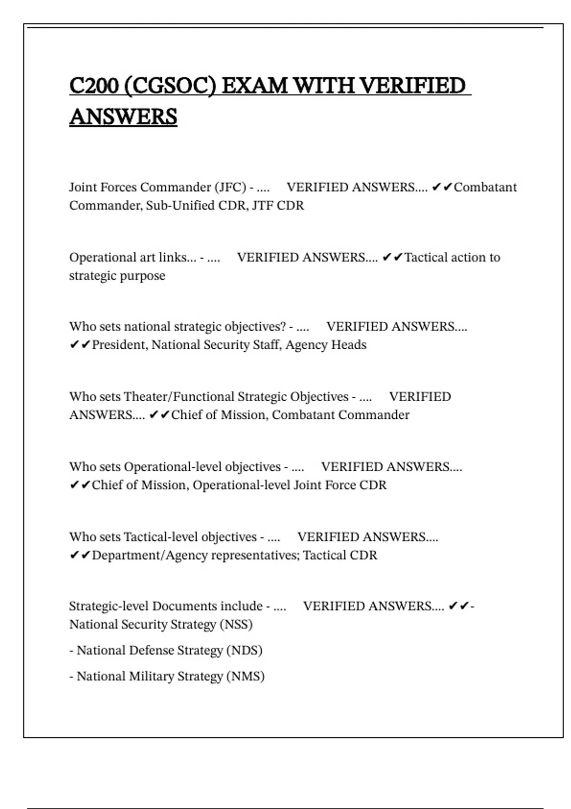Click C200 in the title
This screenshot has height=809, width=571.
coord(94,86)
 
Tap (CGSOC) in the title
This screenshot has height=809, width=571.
coord(170,86)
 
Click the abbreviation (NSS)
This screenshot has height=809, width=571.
coord(236,624)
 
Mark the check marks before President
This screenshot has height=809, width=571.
coord(79,345)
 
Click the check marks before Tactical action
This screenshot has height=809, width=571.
coord(393,257)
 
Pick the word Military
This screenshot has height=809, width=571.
coord(152,677)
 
